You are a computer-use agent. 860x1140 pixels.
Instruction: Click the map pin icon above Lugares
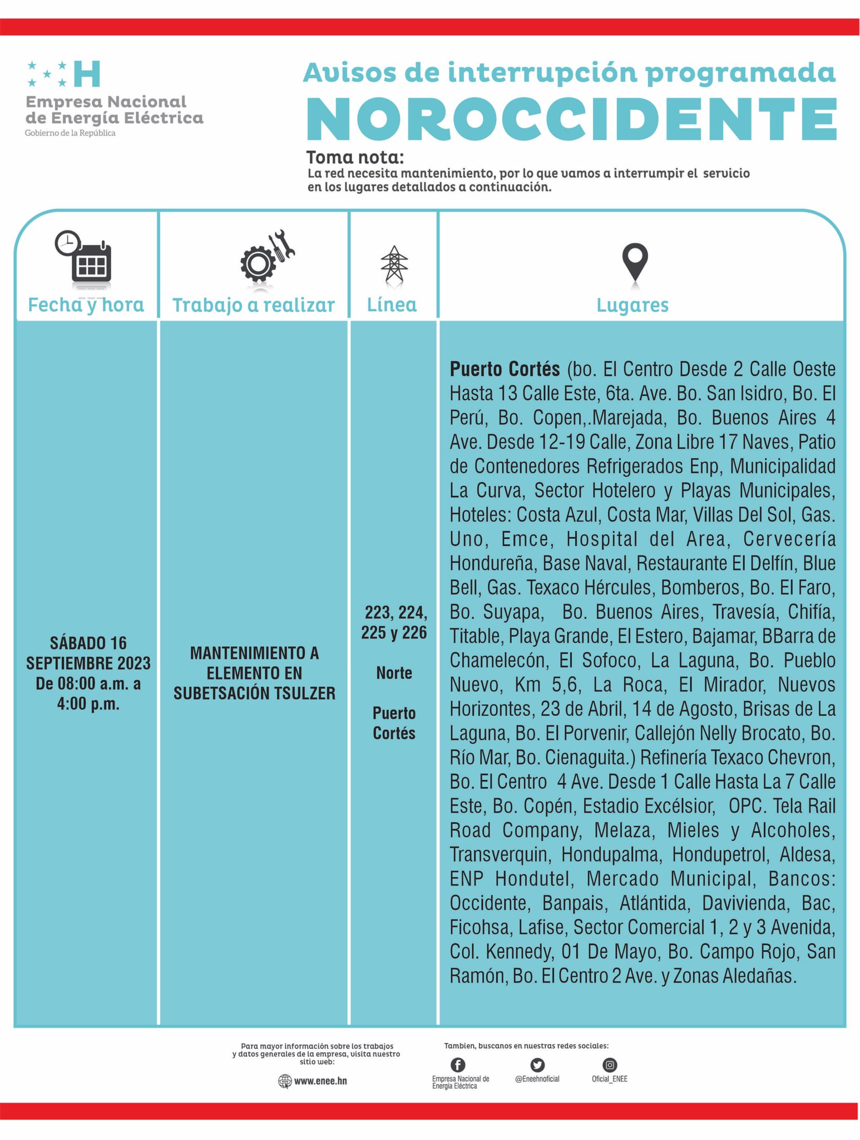coord(635,263)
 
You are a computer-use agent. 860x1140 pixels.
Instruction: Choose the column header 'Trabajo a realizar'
coord(254,305)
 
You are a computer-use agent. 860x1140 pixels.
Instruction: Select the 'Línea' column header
coord(392,304)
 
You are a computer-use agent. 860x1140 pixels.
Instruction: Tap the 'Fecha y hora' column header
coord(86,305)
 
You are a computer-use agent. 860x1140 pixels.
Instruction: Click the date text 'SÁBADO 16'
coord(88,643)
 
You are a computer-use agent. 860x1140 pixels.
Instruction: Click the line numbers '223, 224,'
coord(396,613)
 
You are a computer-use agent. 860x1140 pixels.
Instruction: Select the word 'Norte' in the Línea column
coord(394,673)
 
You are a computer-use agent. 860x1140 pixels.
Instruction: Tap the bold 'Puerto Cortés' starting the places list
coord(505,369)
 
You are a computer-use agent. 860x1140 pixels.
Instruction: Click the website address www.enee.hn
coord(319,1080)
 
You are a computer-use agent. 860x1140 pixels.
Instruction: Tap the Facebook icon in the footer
coord(457,1065)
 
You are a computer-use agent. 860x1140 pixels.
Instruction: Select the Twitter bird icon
coord(537,1065)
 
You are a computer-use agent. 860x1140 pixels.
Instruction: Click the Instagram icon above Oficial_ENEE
coord(610,1065)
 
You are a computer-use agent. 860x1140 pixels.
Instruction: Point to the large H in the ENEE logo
coord(87,74)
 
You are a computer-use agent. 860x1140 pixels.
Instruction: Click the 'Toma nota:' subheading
coord(355,158)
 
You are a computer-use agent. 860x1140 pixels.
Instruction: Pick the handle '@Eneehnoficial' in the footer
coord(537,1079)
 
